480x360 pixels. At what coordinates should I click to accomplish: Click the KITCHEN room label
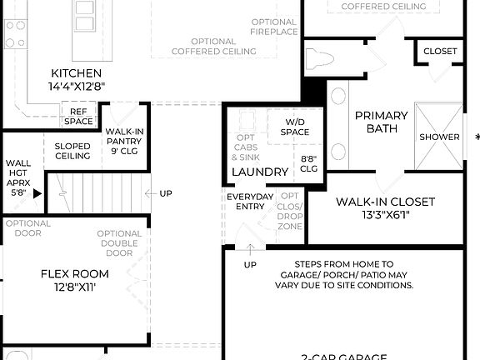pyautogui.click(x=77, y=73)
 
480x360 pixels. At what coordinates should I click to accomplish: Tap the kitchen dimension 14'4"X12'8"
pyautogui.click(x=77, y=86)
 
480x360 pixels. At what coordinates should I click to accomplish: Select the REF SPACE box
pyautogui.click(x=78, y=117)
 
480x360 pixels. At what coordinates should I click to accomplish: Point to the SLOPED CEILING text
pyautogui.click(x=72, y=151)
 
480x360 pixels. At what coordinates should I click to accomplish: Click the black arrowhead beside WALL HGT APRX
pyautogui.click(x=37, y=191)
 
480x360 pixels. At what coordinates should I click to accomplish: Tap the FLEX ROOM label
pyautogui.click(x=75, y=273)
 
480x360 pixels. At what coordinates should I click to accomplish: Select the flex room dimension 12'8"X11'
pyautogui.click(x=75, y=287)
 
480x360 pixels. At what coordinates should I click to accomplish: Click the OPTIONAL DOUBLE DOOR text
pyautogui.click(x=118, y=242)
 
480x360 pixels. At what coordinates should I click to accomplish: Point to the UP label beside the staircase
pyautogui.click(x=165, y=193)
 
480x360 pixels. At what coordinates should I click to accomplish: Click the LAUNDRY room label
pyautogui.click(x=260, y=172)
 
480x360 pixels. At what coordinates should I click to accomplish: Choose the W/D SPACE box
pyautogui.click(x=294, y=127)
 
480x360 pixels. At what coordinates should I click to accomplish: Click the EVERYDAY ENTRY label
pyautogui.click(x=249, y=202)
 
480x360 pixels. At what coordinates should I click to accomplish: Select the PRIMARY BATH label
pyautogui.click(x=382, y=122)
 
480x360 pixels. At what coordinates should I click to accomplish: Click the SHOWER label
pyautogui.click(x=439, y=137)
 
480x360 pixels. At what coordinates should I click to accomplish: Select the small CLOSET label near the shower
pyautogui.click(x=440, y=52)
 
